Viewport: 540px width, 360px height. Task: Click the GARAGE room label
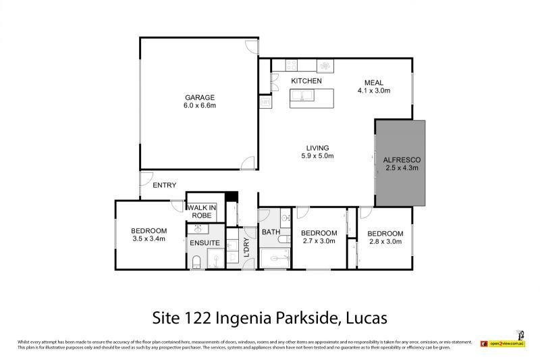point(200,97)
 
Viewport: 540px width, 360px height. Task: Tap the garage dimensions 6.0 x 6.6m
point(200,105)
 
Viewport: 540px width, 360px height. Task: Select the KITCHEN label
point(306,81)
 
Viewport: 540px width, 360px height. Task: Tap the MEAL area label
point(375,81)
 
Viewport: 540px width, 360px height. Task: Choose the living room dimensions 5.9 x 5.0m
point(317,156)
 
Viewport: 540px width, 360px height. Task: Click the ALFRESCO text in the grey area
point(402,159)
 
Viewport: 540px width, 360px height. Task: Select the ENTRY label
point(164,185)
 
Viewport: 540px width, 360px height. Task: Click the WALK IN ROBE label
point(200,211)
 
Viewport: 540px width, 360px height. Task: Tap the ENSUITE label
point(204,242)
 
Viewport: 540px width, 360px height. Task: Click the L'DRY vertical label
point(246,249)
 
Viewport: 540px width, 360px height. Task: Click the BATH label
point(271,232)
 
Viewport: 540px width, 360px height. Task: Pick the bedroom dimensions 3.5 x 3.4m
point(148,239)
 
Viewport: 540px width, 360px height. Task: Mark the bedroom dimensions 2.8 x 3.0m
point(385,242)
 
